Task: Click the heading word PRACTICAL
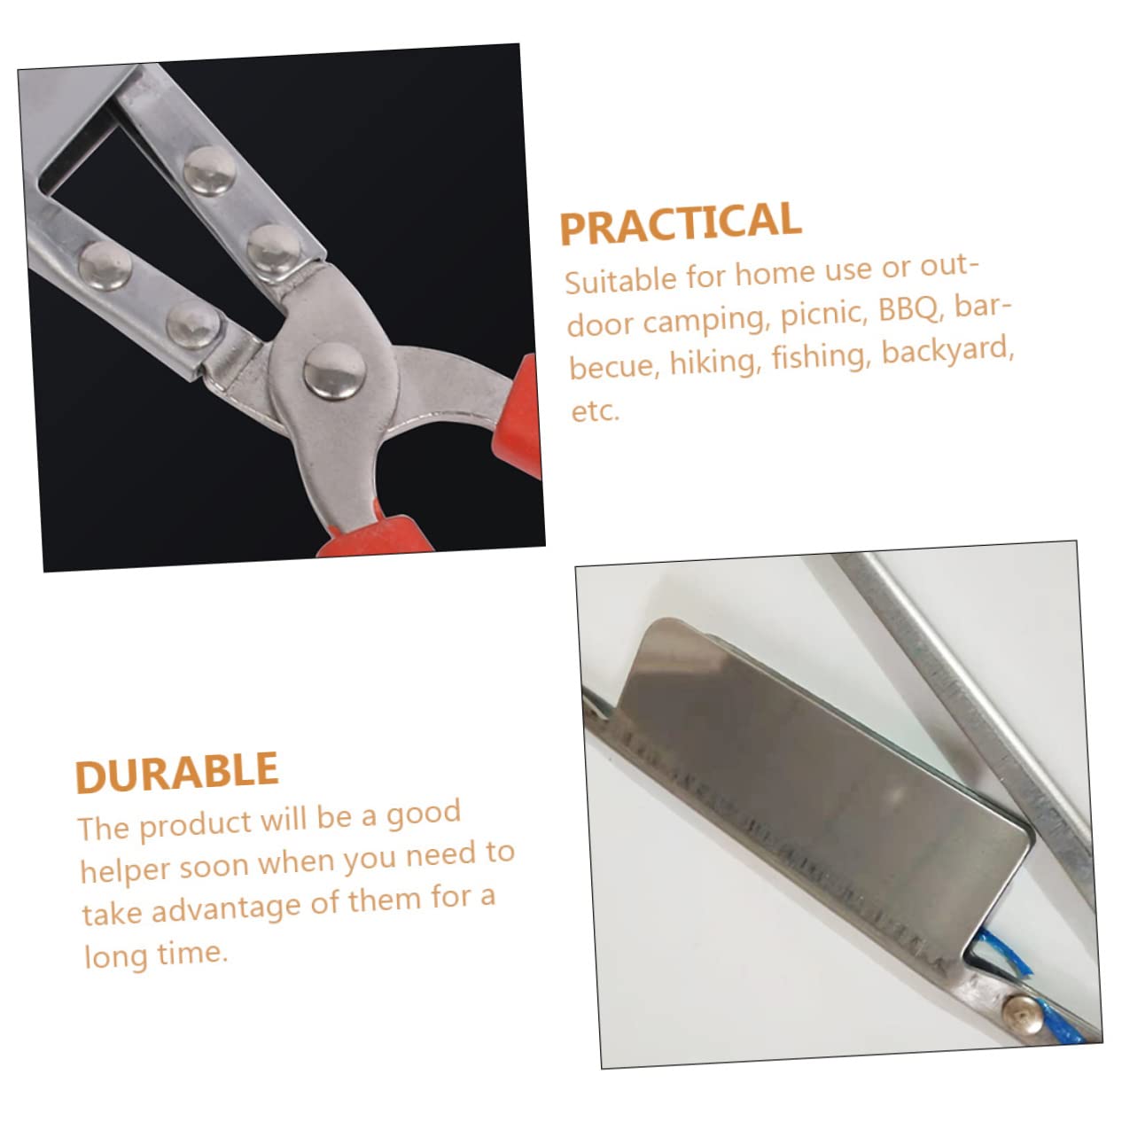point(680,222)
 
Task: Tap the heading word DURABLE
point(176,773)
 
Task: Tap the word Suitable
point(620,280)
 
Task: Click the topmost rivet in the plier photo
point(209,169)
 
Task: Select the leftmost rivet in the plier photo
point(105,264)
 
